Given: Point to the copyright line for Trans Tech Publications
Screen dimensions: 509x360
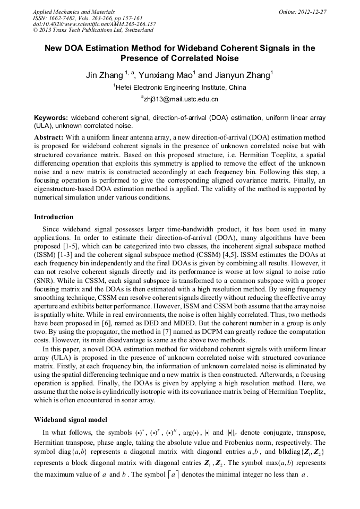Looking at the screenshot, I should coord(93,30).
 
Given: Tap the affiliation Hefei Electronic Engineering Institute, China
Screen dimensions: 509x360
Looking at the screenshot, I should coord(181,87).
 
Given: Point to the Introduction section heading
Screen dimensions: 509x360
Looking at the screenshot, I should coord(54,217).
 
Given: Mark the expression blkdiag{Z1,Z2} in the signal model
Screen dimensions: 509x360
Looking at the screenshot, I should coord(303,452).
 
